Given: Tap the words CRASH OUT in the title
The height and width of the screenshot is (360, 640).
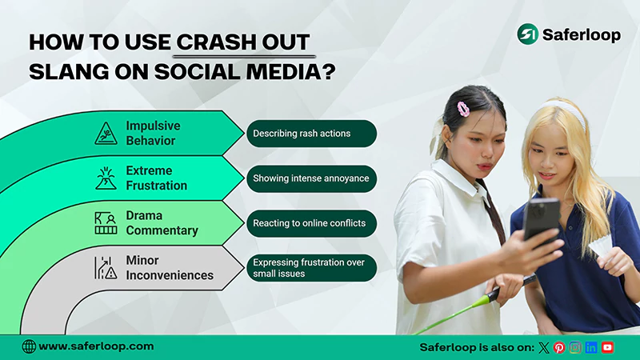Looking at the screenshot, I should pyautogui.click(x=246, y=42).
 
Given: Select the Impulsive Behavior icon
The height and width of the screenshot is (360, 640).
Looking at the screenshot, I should pyautogui.click(x=106, y=133).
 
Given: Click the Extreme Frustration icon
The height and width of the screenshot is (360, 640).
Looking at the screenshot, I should pyautogui.click(x=106, y=178).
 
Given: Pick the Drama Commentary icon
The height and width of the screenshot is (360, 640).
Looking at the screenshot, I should pyautogui.click(x=106, y=222).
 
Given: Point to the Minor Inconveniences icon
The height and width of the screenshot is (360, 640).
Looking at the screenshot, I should pyautogui.click(x=106, y=267).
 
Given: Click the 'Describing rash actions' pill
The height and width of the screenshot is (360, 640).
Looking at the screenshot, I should pyautogui.click(x=310, y=134).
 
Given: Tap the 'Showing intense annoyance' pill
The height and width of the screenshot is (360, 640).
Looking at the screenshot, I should pyautogui.click(x=310, y=178).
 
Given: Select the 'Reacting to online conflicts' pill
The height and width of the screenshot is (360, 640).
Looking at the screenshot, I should pyautogui.click(x=310, y=223).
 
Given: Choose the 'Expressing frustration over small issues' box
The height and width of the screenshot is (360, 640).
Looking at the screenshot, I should pyautogui.click(x=310, y=267).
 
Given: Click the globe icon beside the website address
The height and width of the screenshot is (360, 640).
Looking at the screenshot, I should pyautogui.click(x=29, y=346).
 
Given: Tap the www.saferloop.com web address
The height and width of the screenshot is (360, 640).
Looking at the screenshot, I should pyautogui.click(x=96, y=346).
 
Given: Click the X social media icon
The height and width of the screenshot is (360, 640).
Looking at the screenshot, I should pyautogui.click(x=544, y=347).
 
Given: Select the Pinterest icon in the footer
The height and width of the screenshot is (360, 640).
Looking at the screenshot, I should pyautogui.click(x=559, y=347).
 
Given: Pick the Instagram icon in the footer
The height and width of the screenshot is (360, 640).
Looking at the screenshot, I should pyautogui.click(x=575, y=347).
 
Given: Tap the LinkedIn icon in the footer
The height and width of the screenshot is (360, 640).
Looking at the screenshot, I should pyautogui.click(x=591, y=347).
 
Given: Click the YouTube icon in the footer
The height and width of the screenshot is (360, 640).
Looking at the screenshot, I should pyautogui.click(x=608, y=347).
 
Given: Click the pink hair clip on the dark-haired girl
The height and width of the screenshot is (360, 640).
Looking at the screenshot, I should pyautogui.click(x=462, y=108).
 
